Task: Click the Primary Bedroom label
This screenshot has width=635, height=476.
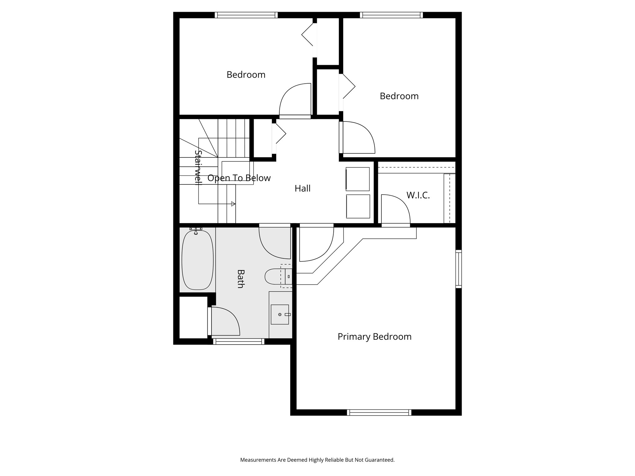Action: point(374,337)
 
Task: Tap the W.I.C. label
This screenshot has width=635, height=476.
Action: point(418,195)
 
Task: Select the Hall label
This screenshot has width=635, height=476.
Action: point(302,188)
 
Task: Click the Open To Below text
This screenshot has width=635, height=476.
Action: point(239,178)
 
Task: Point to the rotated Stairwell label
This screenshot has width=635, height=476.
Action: point(198,167)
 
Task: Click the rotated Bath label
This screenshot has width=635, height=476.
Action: point(240,279)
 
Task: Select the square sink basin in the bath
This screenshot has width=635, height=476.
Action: point(280,314)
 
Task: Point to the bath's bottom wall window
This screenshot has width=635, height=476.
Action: point(239,342)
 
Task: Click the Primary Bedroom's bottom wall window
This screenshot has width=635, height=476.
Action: point(379,412)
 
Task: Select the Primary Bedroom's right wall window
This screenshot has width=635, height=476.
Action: point(458,269)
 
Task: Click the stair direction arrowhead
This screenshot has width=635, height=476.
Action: point(233,204)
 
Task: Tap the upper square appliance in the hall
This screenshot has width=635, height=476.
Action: point(358,179)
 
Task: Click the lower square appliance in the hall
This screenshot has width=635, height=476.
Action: point(358,206)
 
